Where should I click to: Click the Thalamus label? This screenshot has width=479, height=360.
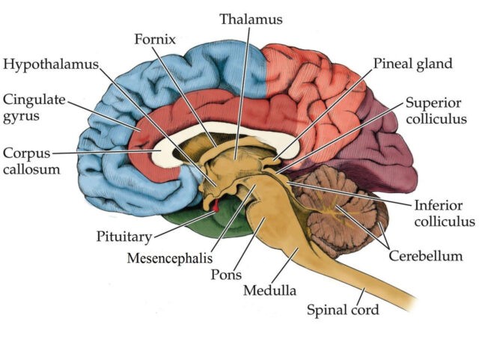[251, 19]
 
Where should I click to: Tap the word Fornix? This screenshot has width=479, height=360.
[155, 40]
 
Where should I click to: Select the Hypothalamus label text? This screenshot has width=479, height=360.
[51, 65]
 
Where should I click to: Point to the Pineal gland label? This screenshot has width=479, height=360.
[412, 64]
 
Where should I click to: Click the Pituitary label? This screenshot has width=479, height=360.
[124, 237]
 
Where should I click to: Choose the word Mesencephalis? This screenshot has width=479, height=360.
[170, 258]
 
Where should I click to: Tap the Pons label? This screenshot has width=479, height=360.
[226, 275]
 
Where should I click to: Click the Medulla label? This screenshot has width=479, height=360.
[269, 290]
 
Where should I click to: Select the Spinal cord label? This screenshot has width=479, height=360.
[343, 310]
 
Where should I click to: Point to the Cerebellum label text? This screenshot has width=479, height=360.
[426, 256]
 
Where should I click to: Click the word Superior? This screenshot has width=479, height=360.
[433, 103]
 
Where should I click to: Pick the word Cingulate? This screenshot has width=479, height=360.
[34, 100]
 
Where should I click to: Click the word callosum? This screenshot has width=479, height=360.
[31, 169]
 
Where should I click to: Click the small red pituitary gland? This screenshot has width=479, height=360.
[216, 205]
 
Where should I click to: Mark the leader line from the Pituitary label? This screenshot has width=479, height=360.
[184, 225]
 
